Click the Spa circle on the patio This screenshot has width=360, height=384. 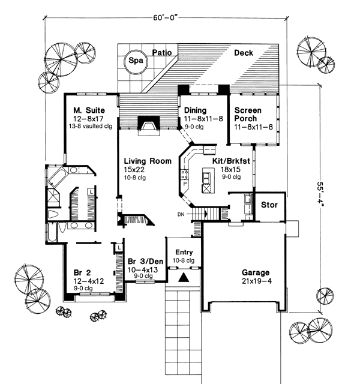click(x=136, y=61)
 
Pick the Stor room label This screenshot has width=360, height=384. click(x=269, y=205)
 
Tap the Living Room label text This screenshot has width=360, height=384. click(x=148, y=161)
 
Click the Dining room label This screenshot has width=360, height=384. click(x=196, y=110)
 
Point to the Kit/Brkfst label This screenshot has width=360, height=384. click(x=232, y=161)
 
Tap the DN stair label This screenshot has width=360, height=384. click(x=182, y=214)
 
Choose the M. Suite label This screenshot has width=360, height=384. click(x=89, y=110)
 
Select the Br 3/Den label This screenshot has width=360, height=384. click(x=145, y=260)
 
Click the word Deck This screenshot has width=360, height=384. click(x=243, y=53)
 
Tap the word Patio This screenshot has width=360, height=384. click(x=161, y=53)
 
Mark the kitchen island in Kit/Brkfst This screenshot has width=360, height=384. click(x=208, y=179)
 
